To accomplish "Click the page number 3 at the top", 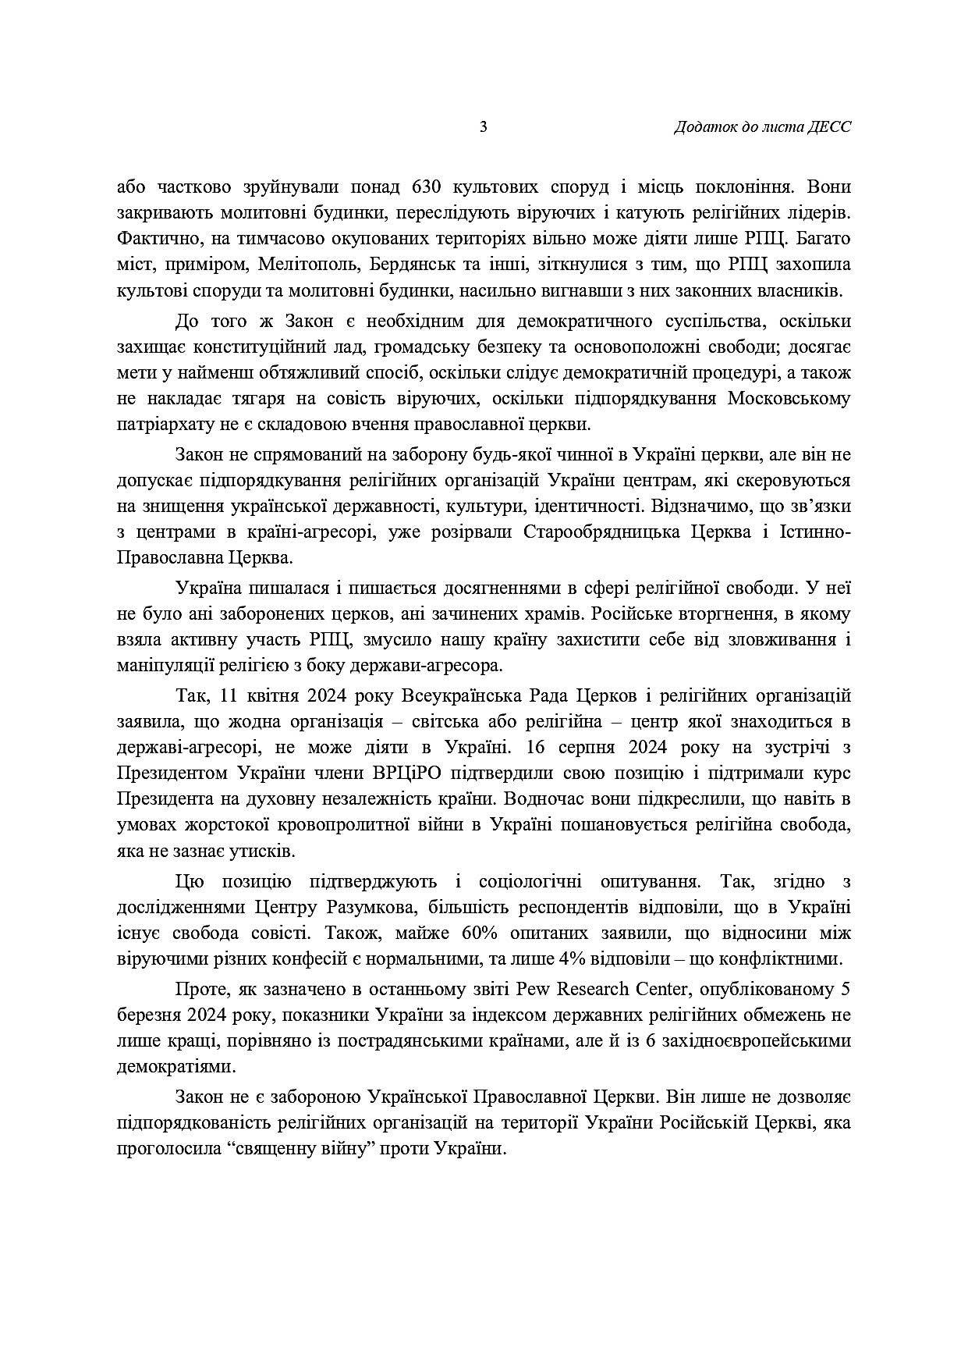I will pos(484,127).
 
